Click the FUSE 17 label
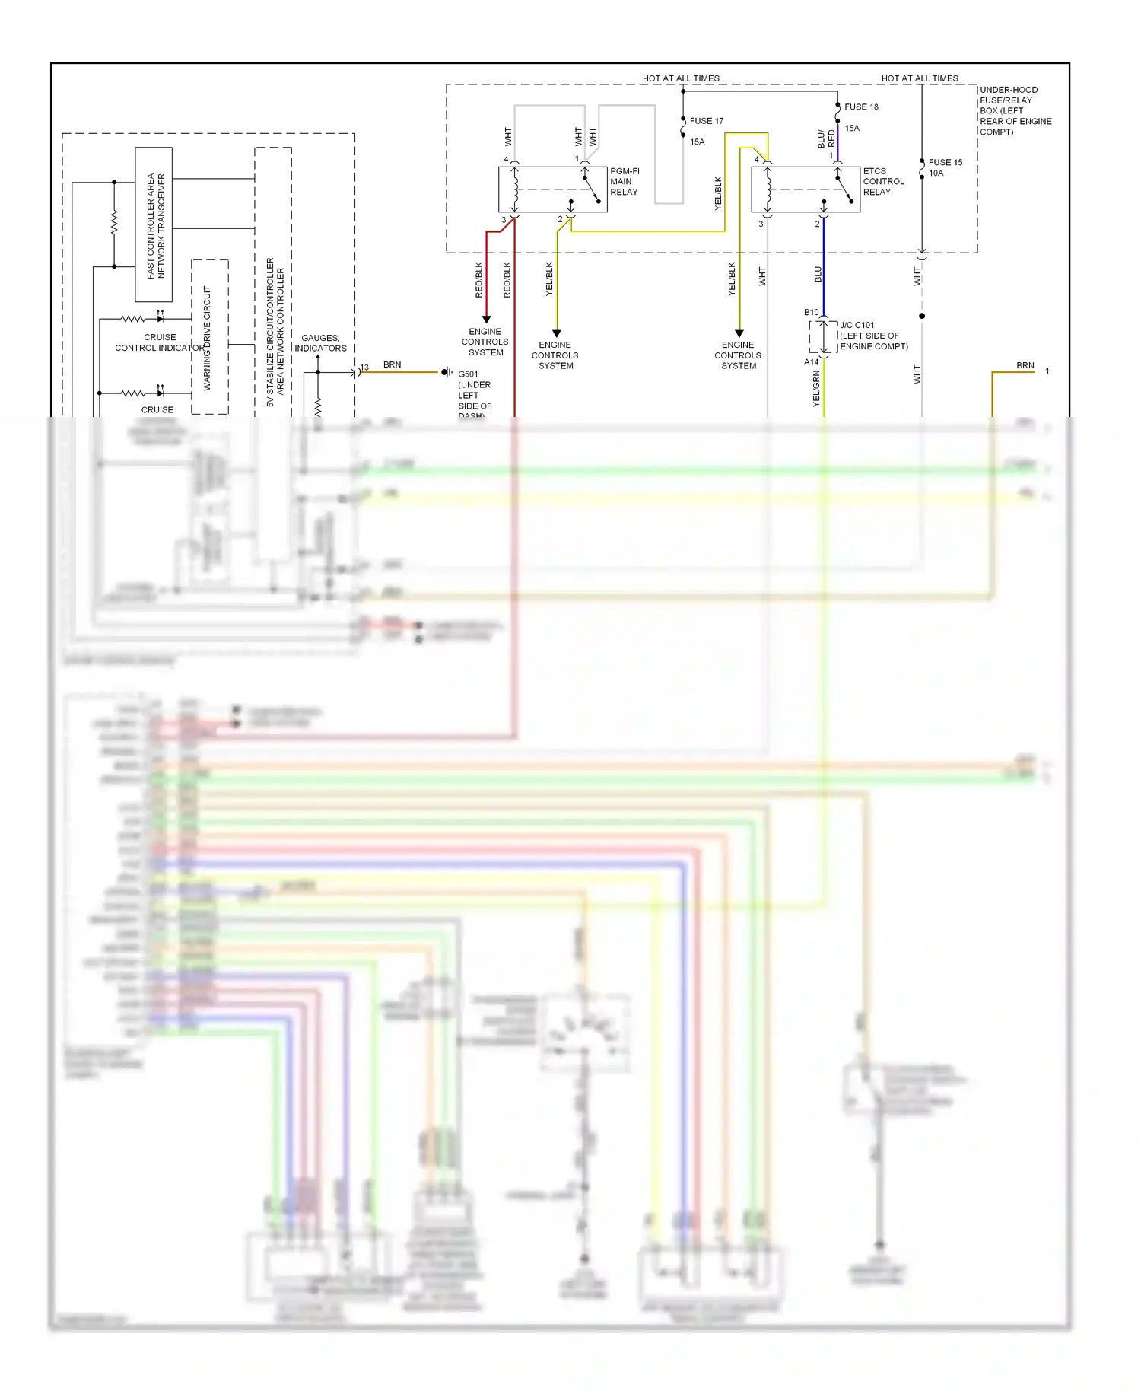(x=706, y=121)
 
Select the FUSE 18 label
(x=861, y=107)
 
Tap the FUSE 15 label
(x=945, y=162)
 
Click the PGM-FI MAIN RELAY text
(x=625, y=182)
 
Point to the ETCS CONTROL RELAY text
(x=883, y=182)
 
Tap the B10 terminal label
(x=811, y=313)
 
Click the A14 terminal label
(x=811, y=362)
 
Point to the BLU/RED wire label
(x=826, y=139)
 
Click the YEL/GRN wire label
(x=816, y=388)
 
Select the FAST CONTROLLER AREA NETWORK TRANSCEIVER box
(x=154, y=224)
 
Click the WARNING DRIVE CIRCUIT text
(x=207, y=338)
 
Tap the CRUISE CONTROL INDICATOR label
(x=160, y=342)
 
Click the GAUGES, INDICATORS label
(x=320, y=343)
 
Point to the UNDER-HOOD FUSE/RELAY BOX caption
(x=1015, y=110)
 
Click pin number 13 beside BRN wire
(x=364, y=368)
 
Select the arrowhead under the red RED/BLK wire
(x=486, y=320)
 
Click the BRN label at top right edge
(x=1025, y=365)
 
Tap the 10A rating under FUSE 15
(x=936, y=173)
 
